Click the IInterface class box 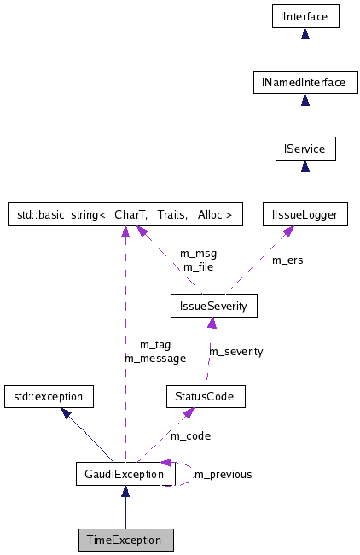[305, 15]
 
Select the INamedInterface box [305, 82]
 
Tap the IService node [305, 149]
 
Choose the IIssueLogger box [305, 215]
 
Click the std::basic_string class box [125, 215]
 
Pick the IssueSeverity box [213, 305]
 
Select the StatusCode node [206, 396]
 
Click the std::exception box [47, 396]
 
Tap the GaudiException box [125, 474]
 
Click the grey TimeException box [125, 540]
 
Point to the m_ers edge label [287, 260]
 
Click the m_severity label [236, 351]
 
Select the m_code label [190, 435]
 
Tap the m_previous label [223, 475]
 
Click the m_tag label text [155, 344]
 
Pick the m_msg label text [198, 254]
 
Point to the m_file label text [198, 266]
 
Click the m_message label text [155, 358]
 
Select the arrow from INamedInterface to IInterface [305, 49]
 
